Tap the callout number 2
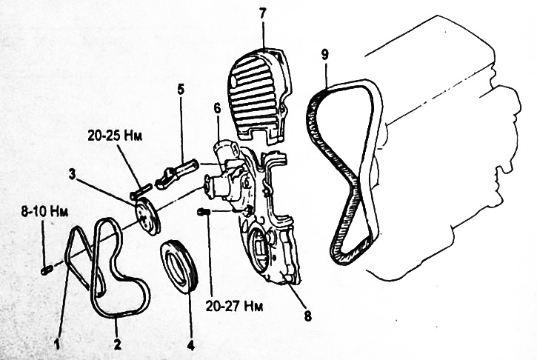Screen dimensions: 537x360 coord(117,344)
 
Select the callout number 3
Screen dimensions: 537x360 coord(72,174)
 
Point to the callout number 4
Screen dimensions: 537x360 coord(191,344)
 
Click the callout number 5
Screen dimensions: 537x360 coord(181,90)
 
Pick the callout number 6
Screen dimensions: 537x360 coord(217,109)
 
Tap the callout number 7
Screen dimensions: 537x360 coord(262,13)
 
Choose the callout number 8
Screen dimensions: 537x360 coord(308,316)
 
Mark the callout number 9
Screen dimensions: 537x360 coord(324,56)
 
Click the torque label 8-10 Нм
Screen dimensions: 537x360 coord(44,211)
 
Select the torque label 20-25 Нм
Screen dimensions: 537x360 coord(115,136)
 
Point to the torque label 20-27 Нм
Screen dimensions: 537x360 coord(234,306)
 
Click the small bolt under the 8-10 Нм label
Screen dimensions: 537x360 coord(46,270)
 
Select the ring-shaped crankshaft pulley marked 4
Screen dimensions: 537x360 coord(179,266)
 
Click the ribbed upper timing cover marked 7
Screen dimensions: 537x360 coord(259,96)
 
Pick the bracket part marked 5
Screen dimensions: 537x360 coord(176,173)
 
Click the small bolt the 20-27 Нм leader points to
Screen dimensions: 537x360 coord(204,213)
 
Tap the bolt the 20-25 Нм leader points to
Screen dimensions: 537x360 coord(141,191)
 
